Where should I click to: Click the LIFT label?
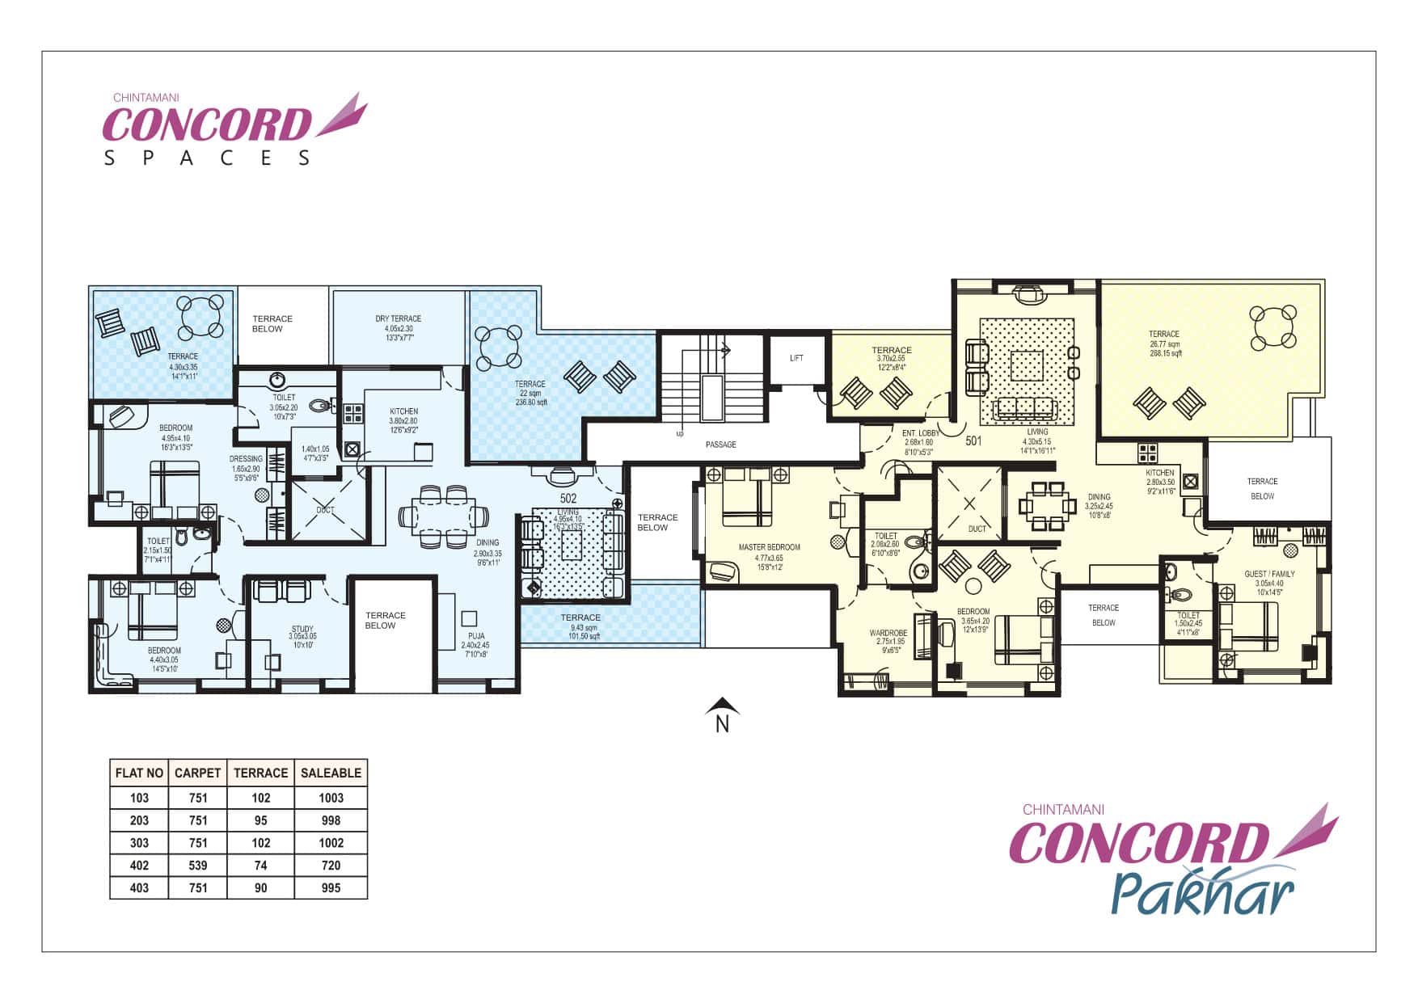pos(796,358)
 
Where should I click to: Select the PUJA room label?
pos(475,636)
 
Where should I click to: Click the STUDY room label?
pos(302,629)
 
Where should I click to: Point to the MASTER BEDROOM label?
pos(769,547)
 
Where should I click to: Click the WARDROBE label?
pos(888,633)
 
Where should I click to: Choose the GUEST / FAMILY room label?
pos(1269,574)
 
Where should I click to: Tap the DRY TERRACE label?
pos(398,318)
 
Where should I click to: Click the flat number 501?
pos(973,441)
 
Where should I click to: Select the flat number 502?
pos(568,499)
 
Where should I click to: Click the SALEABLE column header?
pos(331,773)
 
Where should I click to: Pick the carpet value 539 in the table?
pos(197,865)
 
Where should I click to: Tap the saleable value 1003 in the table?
pos(331,798)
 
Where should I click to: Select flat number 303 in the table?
pos(139,842)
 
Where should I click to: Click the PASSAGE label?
pos(720,445)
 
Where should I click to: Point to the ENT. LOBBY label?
pos(920,433)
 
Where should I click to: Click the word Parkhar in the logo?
pos(1202,894)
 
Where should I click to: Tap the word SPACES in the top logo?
pos(207,158)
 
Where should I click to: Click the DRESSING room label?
pos(246,459)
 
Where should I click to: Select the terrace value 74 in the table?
pos(260,865)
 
